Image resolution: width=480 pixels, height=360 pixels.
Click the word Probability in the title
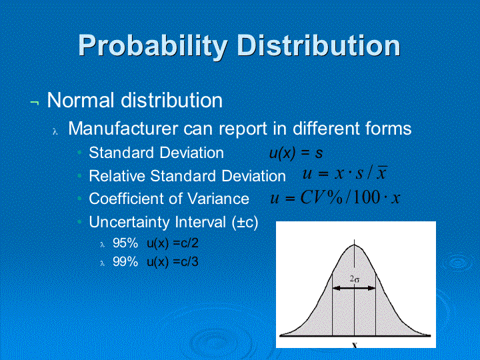point(153,47)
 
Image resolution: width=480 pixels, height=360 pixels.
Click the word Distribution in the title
point(319,45)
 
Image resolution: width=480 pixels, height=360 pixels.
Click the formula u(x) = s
point(296,153)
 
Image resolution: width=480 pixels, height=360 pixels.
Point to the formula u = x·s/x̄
point(345,173)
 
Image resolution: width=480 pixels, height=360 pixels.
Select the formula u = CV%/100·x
point(335,197)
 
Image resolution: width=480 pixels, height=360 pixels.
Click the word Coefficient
point(125,199)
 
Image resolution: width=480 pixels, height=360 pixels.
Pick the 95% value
point(125,243)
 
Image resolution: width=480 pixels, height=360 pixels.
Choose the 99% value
point(125,262)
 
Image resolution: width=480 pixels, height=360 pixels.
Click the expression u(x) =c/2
point(173,243)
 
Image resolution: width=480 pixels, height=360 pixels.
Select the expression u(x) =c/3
point(173,263)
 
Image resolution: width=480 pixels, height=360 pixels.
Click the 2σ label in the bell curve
point(355,279)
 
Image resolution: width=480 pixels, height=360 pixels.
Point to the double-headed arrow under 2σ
point(354,288)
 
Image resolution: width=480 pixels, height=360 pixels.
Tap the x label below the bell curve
point(355,345)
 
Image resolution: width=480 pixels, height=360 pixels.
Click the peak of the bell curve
point(355,245)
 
